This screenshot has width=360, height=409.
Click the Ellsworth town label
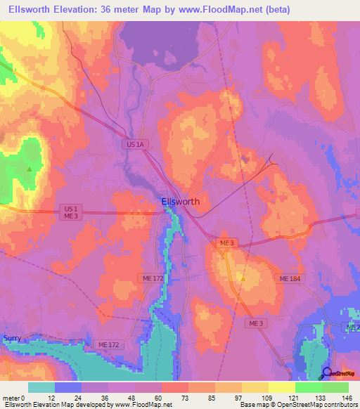click(180, 201)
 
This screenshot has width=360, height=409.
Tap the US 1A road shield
click(136, 144)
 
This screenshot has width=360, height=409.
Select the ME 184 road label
click(290, 279)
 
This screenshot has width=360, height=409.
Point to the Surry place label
click(12, 338)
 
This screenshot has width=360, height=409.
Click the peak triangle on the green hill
click(29, 169)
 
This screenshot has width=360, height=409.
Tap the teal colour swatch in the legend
click(41, 387)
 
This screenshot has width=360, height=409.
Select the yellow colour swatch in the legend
click(281, 387)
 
